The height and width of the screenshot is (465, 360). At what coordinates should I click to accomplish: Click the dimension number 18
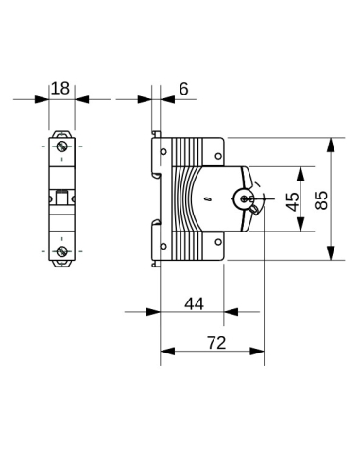click(61, 88)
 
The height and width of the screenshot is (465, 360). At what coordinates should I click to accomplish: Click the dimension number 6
click(183, 88)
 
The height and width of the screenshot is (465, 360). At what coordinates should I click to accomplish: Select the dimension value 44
click(194, 303)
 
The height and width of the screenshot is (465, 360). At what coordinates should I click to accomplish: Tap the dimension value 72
click(216, 342)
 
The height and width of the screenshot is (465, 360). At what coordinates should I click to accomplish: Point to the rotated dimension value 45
click(293, 200)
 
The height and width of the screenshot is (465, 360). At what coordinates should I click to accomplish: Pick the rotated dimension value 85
click(321, 200)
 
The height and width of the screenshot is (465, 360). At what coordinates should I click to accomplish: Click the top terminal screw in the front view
click(62, 147)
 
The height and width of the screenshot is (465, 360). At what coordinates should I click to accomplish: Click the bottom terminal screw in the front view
click(62, 250)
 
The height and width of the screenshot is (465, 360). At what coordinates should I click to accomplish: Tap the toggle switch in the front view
click(62, 198)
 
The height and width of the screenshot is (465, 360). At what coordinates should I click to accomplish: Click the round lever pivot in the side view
click(245, 199)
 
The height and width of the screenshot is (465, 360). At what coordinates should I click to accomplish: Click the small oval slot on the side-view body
click(207, 200)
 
